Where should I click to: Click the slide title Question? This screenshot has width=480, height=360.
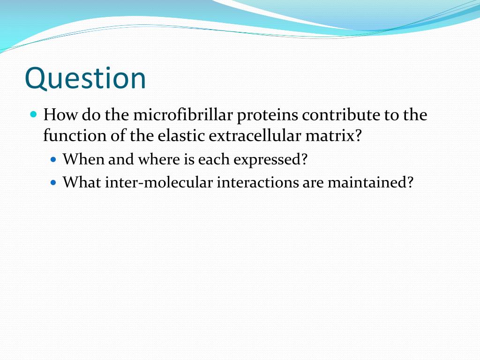point(85,78)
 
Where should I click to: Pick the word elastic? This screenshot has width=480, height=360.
point(181,135)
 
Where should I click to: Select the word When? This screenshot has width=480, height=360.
point(83,159)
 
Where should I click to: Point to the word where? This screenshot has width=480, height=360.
point(159,159)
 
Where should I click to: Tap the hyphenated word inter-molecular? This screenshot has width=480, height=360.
point(159,182)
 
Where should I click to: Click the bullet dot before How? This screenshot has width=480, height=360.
point(34,115)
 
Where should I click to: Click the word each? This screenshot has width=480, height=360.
point(213,159)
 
